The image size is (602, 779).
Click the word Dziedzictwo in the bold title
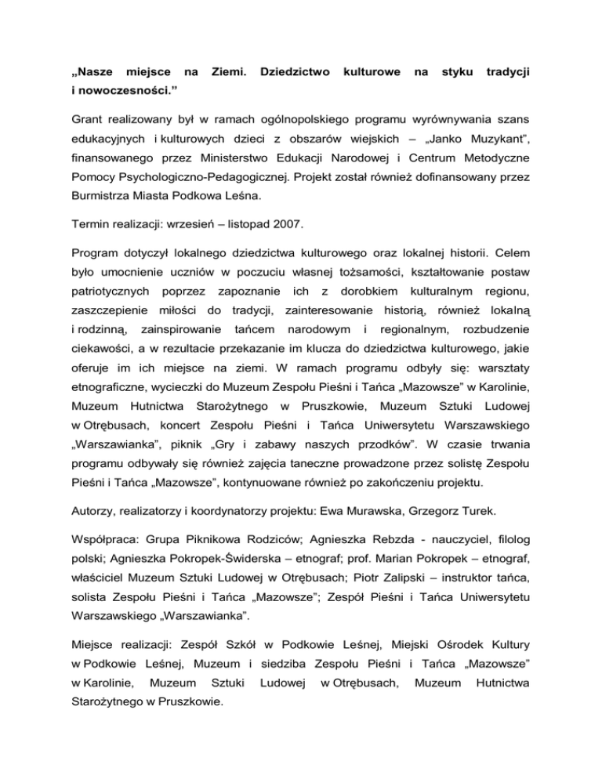[x=292, y=72]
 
